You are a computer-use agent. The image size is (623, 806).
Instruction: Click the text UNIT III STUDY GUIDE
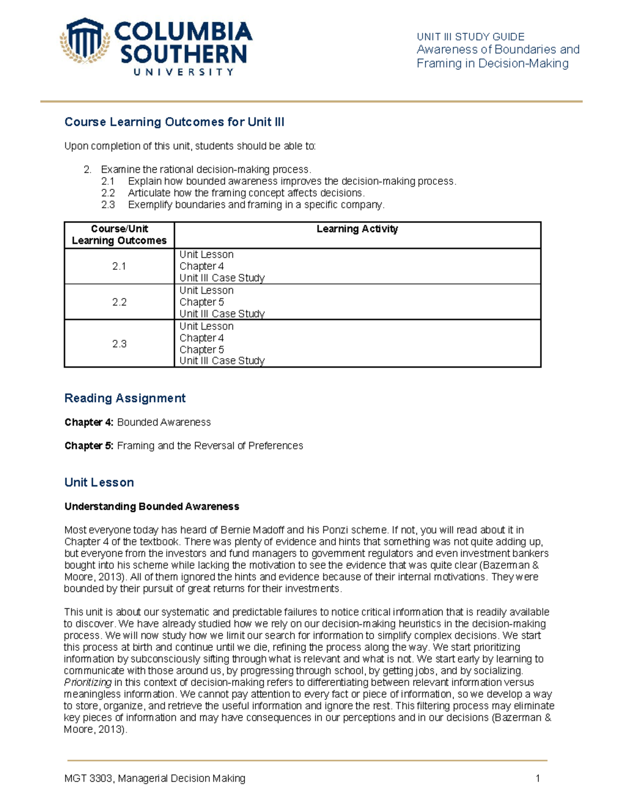[470, 37]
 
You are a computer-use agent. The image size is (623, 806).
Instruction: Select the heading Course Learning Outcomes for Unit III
[174, 122]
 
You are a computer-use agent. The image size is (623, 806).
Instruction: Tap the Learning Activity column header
[357, 229]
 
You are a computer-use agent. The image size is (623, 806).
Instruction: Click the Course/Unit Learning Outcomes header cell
[119, 235]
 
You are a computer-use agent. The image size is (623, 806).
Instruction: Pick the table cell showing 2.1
[119, 266]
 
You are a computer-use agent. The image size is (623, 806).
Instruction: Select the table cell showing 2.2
[119, 302]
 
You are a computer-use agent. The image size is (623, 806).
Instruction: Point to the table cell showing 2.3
[119, 344]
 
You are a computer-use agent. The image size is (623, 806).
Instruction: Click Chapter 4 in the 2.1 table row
[201, 266]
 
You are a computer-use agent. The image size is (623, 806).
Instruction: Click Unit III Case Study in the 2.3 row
[222, 361]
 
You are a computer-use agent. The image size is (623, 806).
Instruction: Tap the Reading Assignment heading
[125, 398]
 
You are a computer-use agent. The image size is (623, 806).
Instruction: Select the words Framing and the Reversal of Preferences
[210, 446]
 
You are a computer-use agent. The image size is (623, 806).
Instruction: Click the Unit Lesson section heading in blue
[99, 483]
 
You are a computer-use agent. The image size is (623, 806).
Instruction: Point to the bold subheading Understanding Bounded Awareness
[152, 507]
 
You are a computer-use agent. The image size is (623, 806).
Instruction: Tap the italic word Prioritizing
[87, 682]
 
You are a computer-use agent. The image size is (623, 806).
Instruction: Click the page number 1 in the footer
[538, 778]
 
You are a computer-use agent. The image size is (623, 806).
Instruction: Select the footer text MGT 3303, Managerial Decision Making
[155, 778]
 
